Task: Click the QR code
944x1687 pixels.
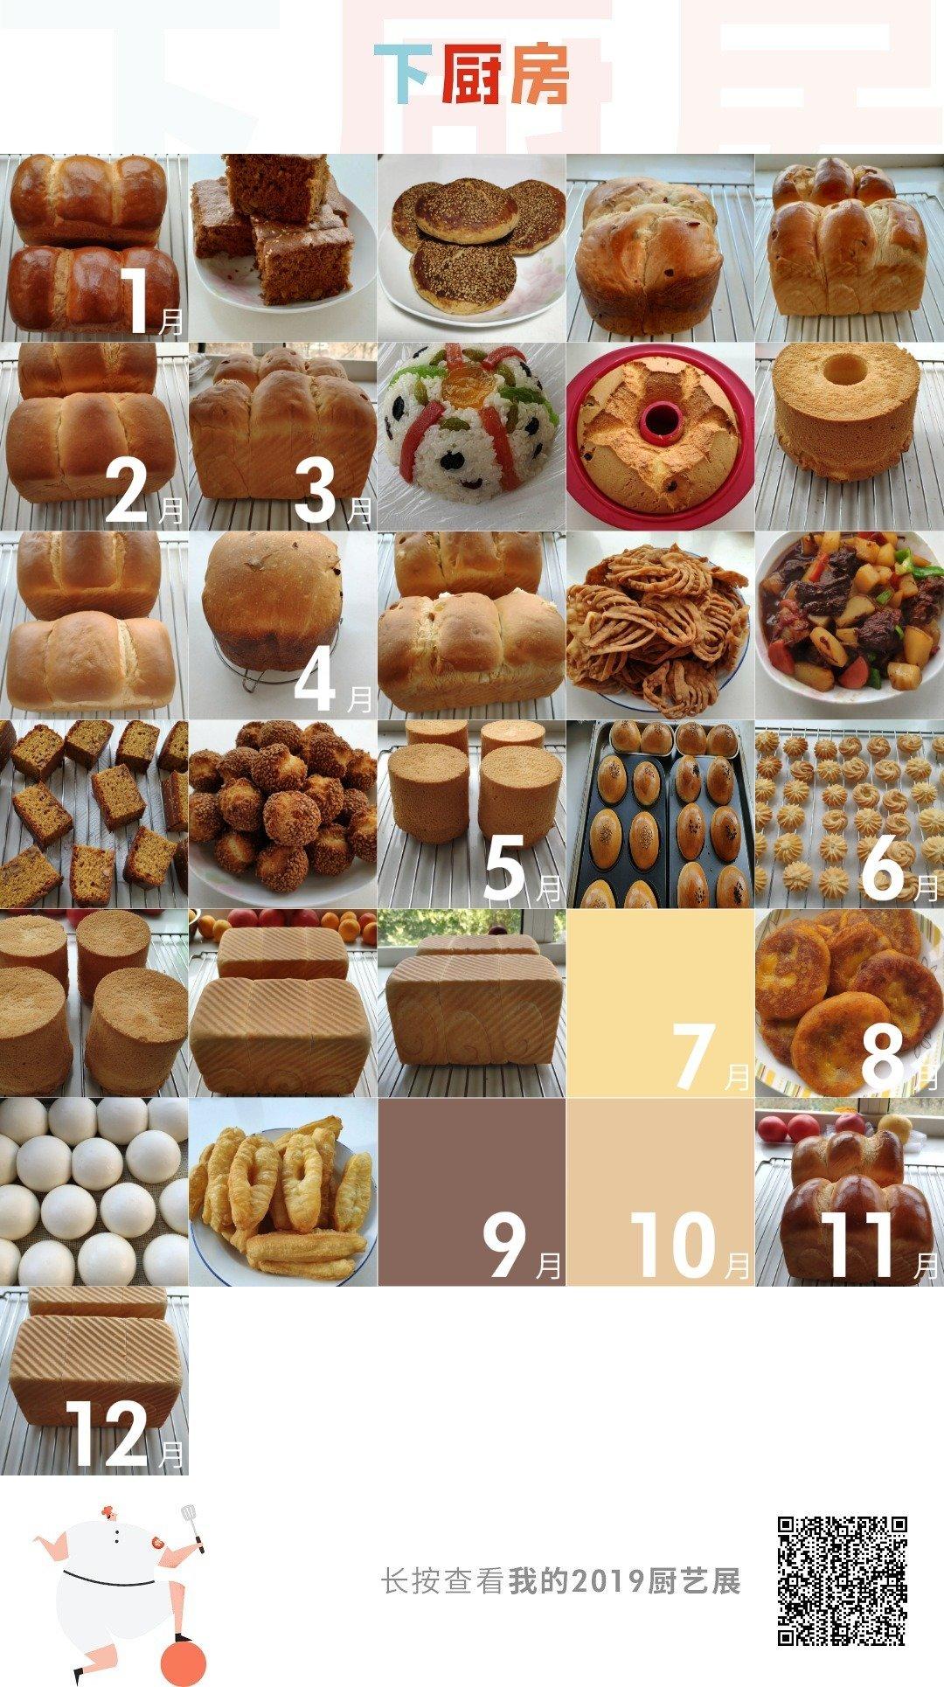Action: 843,1581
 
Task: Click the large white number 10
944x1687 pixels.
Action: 674,1245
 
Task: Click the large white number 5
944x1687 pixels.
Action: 505,867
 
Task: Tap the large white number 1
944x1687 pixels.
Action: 137,302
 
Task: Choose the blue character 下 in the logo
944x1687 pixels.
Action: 403,74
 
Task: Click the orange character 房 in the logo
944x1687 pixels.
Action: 540,74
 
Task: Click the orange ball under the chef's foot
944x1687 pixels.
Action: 184,1663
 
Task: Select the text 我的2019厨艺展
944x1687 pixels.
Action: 625,1581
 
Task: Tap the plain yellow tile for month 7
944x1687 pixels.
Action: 660,1003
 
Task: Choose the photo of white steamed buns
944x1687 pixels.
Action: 94,1191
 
